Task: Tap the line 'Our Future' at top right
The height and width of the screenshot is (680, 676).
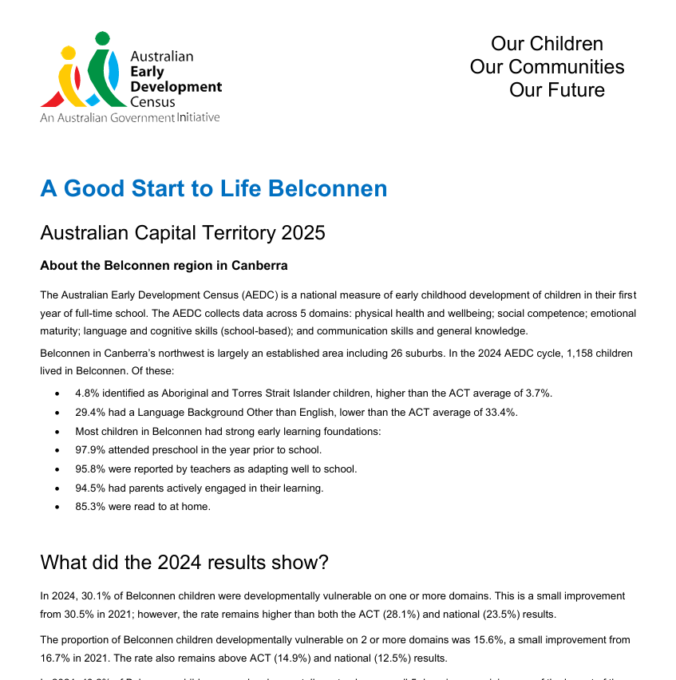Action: pyautogui.click(x=556, y=89)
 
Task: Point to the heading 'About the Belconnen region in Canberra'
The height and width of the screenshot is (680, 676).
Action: pyautogui.click(x=164, y=265)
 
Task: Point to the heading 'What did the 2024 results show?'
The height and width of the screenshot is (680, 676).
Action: pyautogui.click(x=184, y=562)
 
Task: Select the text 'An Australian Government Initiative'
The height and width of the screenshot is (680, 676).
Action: pyautogui.click(x=129, y=117)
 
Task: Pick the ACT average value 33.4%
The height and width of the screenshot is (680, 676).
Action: pyautogui.click(x=500, y=412)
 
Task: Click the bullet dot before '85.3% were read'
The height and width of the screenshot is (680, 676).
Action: pyautogui.click(x=56, y=507)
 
